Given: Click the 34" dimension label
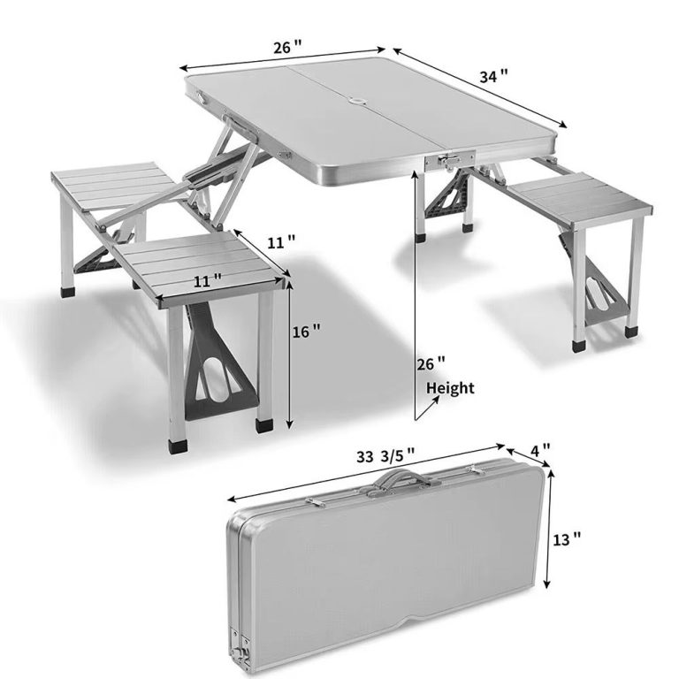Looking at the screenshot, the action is point(493,77).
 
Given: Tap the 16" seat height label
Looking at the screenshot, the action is point(307,332).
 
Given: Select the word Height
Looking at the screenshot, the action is point(450,388).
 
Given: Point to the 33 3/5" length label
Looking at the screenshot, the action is point(385,456).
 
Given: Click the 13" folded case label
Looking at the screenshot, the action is point(567,540).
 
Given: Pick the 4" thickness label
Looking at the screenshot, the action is point(540,450).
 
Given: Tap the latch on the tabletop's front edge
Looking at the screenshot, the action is point(449,161).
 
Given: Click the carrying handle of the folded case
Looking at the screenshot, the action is point(396,479).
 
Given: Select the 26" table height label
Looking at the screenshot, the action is point(431,362).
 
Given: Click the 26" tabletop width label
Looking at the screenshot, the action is point(287,46).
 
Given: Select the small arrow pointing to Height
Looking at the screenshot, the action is point(427,407).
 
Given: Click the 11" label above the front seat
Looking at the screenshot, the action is point(281,241).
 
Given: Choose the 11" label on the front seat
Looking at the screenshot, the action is point(208,281).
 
